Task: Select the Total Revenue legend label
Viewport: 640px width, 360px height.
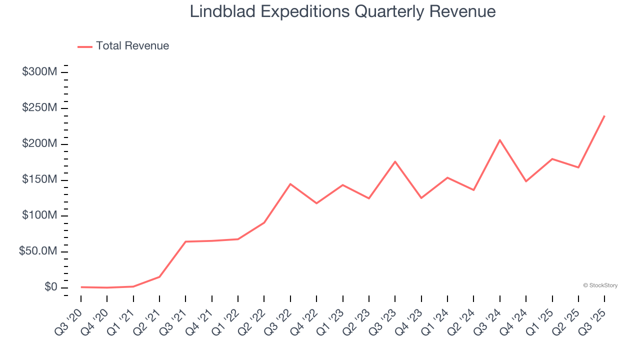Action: [x=132, y=46]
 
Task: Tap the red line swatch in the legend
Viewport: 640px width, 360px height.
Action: [x=85, y=46]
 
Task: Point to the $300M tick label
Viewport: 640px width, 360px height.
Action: [x=39, y=72]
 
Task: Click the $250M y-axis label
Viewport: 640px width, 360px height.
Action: [x=39, y=108]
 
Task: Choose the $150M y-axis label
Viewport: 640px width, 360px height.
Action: [x=39, y=179]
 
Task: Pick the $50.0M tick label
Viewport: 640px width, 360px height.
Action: [x=38, y=251]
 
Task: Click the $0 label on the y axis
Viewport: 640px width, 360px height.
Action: [x=50, y=287]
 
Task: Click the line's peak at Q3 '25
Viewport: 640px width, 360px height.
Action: [x=604, y=116]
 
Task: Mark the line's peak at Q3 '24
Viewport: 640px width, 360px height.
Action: [x=500, y=140]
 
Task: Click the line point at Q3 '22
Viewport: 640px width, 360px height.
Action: [x=290, y=184]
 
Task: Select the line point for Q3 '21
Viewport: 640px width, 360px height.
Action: [x=185, y=241]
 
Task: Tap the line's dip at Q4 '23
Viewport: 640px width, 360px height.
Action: [x=421, y=198]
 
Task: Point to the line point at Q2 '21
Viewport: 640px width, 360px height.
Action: [x=159, y=276]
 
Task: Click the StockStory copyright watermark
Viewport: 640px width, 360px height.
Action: [x=600, y=285]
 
